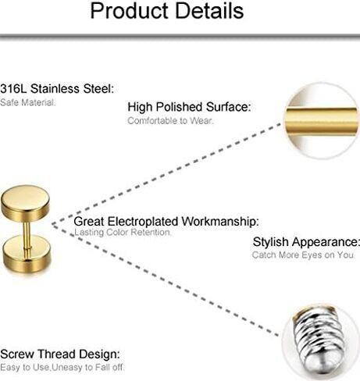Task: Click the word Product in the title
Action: coord(130,11)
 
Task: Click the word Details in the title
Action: coord(209,10)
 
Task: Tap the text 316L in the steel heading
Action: coord(13,88)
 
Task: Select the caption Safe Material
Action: coord(27,102)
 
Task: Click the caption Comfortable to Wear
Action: coord(170,120)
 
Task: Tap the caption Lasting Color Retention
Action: coord(123,232)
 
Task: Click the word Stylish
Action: coord(271,242)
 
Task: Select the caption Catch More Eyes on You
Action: coord(304,255)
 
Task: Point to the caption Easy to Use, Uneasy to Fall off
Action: coord(62,367)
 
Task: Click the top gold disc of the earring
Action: coord(25,202)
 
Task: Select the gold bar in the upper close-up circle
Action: coord(321,121)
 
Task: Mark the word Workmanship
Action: coord(220,222)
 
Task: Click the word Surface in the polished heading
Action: coord(228,107)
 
